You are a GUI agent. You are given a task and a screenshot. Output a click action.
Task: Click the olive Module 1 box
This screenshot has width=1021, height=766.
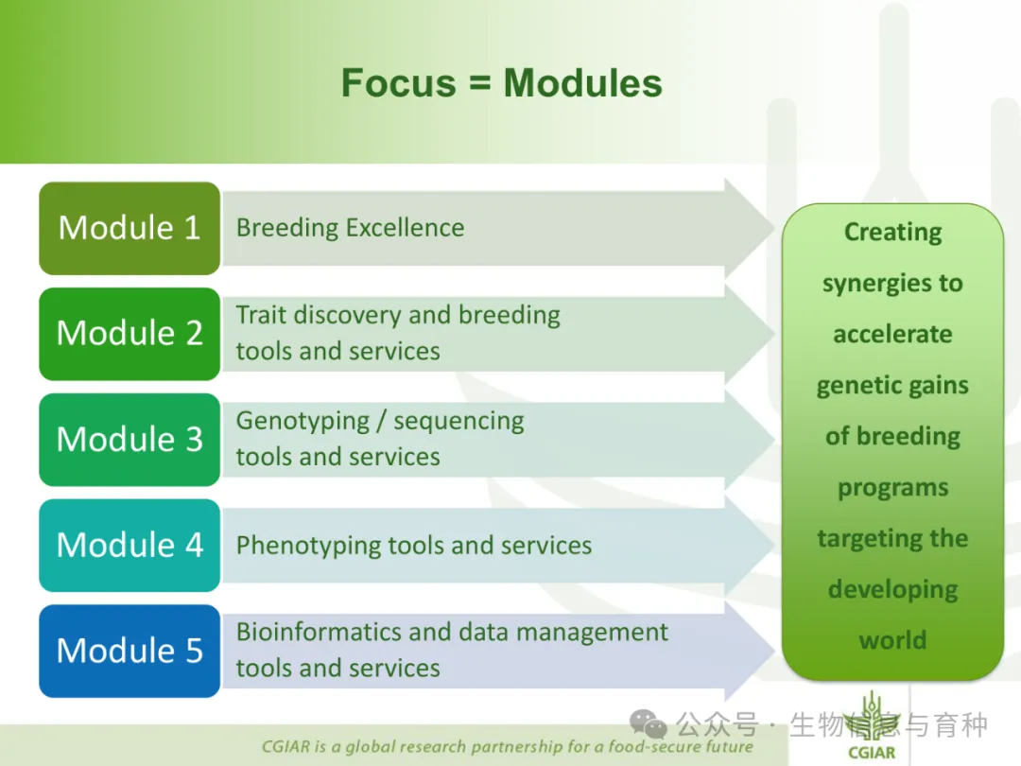click(130, 228)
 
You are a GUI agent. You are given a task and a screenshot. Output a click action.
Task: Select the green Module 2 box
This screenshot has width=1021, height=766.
click(130, 334)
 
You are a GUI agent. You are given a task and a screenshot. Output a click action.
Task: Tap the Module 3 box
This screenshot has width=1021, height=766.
click(130, 440)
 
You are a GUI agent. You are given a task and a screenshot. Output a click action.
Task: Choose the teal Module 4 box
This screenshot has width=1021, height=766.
click(130, 546)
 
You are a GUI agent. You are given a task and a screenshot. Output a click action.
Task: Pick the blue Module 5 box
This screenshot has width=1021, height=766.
click(130, 651)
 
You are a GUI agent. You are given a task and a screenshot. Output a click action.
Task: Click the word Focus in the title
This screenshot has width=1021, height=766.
click(399, 83)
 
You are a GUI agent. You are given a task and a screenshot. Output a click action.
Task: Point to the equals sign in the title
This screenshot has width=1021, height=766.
click(480, 84)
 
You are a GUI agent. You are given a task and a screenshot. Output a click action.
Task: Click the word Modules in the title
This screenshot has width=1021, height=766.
click(582, 83)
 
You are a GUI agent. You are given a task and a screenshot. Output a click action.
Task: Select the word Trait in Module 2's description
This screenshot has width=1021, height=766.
click(261, 315)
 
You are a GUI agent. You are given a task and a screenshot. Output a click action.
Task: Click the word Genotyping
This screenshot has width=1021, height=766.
click(303, 422)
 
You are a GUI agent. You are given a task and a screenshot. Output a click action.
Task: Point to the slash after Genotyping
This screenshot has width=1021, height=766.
click(381, 422)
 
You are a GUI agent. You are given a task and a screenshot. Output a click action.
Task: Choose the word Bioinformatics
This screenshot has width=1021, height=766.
click(320, 632)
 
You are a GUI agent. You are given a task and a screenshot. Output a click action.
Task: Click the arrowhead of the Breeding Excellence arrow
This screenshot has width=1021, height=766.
click(749, 228)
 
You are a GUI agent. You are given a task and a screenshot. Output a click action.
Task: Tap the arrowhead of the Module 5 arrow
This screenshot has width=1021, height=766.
click(749, 651)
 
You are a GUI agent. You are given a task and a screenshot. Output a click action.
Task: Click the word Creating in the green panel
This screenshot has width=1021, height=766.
click(892, 233)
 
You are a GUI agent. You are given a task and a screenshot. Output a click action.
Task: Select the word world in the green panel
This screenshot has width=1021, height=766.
click(892, 640)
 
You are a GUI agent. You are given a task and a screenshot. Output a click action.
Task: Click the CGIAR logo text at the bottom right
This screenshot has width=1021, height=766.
click(872, 753)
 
